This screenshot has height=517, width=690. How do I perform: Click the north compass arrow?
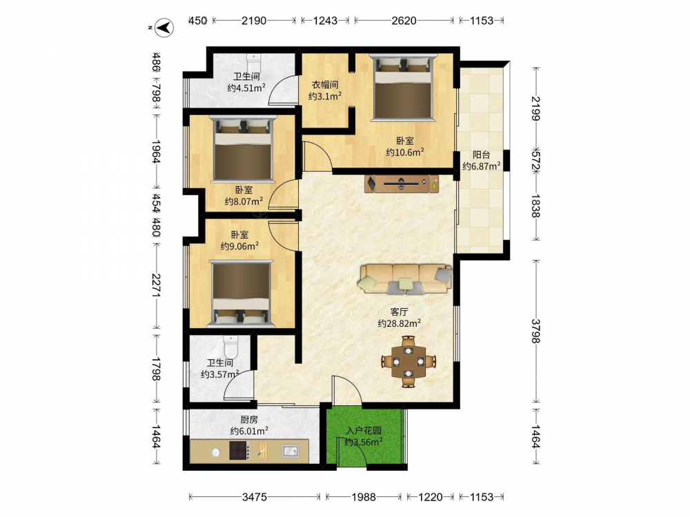pos(165,28)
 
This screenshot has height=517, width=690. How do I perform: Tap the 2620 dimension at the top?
pos(404,20)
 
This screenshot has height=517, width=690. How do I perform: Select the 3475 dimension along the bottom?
pos(255,497)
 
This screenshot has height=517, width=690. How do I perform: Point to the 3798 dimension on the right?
pos(535,331)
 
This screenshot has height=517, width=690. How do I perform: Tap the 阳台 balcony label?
pos(482,154)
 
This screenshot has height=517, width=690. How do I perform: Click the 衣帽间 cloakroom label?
pos(325,85)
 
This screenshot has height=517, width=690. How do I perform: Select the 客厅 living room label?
pos(399,312)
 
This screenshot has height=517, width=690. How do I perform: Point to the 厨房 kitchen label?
pos(249,420)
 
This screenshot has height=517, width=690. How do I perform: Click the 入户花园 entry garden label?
pos(364,431)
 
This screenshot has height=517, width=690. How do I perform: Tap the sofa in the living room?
pos(405,278)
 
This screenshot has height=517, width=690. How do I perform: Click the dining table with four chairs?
pos(408,361)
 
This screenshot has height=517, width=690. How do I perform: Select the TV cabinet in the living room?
pos(402,184)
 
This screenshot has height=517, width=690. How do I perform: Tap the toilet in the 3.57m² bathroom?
pos(230,347)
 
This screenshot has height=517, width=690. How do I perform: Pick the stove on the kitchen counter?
pos(239,451)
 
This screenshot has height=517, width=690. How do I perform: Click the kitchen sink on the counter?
pos(290,451)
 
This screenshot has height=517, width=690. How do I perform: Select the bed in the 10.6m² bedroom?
pos(403,87)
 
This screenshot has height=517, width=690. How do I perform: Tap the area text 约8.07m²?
pos(244,201)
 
